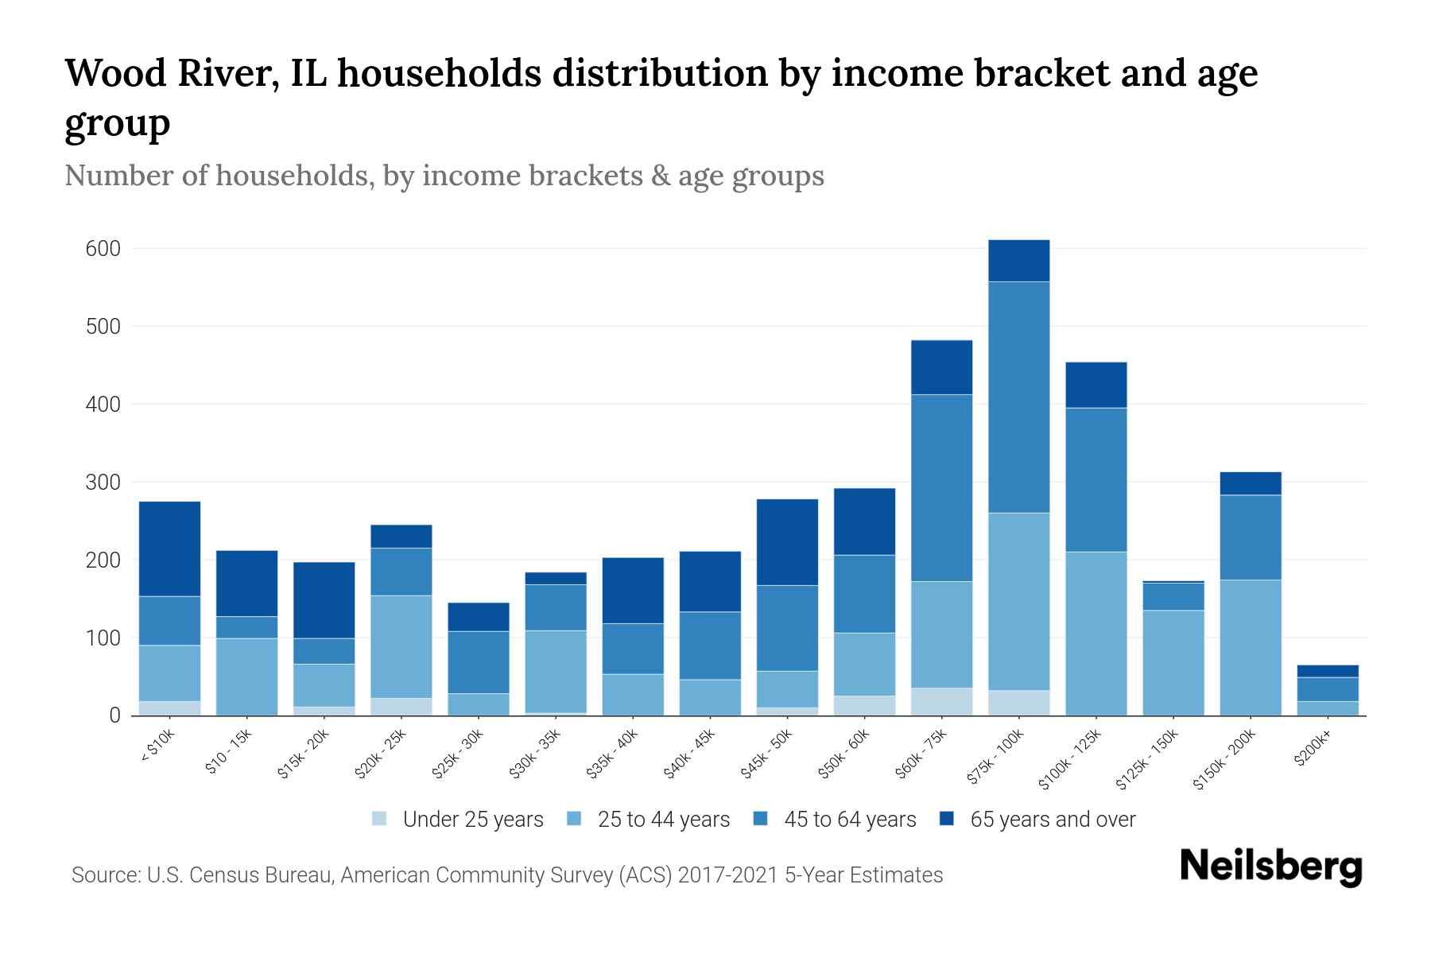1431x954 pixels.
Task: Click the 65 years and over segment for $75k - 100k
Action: pyautogui.click(x=1018, y=261)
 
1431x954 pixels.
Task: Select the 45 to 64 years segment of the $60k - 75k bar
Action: pyautogui.click(x=941, y=488)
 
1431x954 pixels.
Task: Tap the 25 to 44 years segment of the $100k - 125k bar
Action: pyautogui.click(x=1096, y=634)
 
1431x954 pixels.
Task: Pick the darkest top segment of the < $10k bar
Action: pyautogui.click(x=169, y=549)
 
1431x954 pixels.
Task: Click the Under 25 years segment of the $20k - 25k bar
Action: pyautogui.click(x=401, y=707)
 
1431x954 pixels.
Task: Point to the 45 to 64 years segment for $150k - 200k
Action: pyautogui.click(x=1250, y=537)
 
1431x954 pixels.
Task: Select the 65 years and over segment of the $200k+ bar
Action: pyautogui.click(x=1327, y=671)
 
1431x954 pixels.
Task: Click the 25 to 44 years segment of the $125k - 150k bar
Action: pyautogui.click(x=1173, y=662)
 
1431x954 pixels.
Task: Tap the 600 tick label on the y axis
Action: pyautogui.click(x=103, y=249)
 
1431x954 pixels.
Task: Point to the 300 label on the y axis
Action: pyautogui.click(x=103, y=483)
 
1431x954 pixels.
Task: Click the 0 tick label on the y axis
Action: pyautogui.click(x=114, y=715)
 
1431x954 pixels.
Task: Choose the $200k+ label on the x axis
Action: pyautogui.click(x=1313, y=750)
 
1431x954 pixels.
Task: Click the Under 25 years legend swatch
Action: pyautogui.click(x=380, y=819)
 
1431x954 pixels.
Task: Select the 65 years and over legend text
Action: pyautogui.click(x=1053, y=820)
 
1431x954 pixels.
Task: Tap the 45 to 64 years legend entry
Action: pyautogui.click(x=835, y=820)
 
